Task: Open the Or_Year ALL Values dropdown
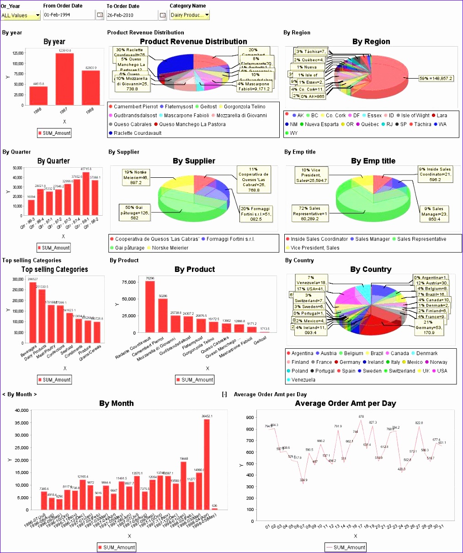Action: click(21, 15)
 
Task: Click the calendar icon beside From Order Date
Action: click(100, 15)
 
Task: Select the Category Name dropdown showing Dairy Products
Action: click(190, 15)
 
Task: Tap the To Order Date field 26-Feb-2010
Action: click(132, 15)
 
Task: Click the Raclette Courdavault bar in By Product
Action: click(150, 307)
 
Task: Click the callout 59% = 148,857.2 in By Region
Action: click(436, 79)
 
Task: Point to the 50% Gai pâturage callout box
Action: click(134, 213)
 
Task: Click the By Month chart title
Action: click(117, 404)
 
